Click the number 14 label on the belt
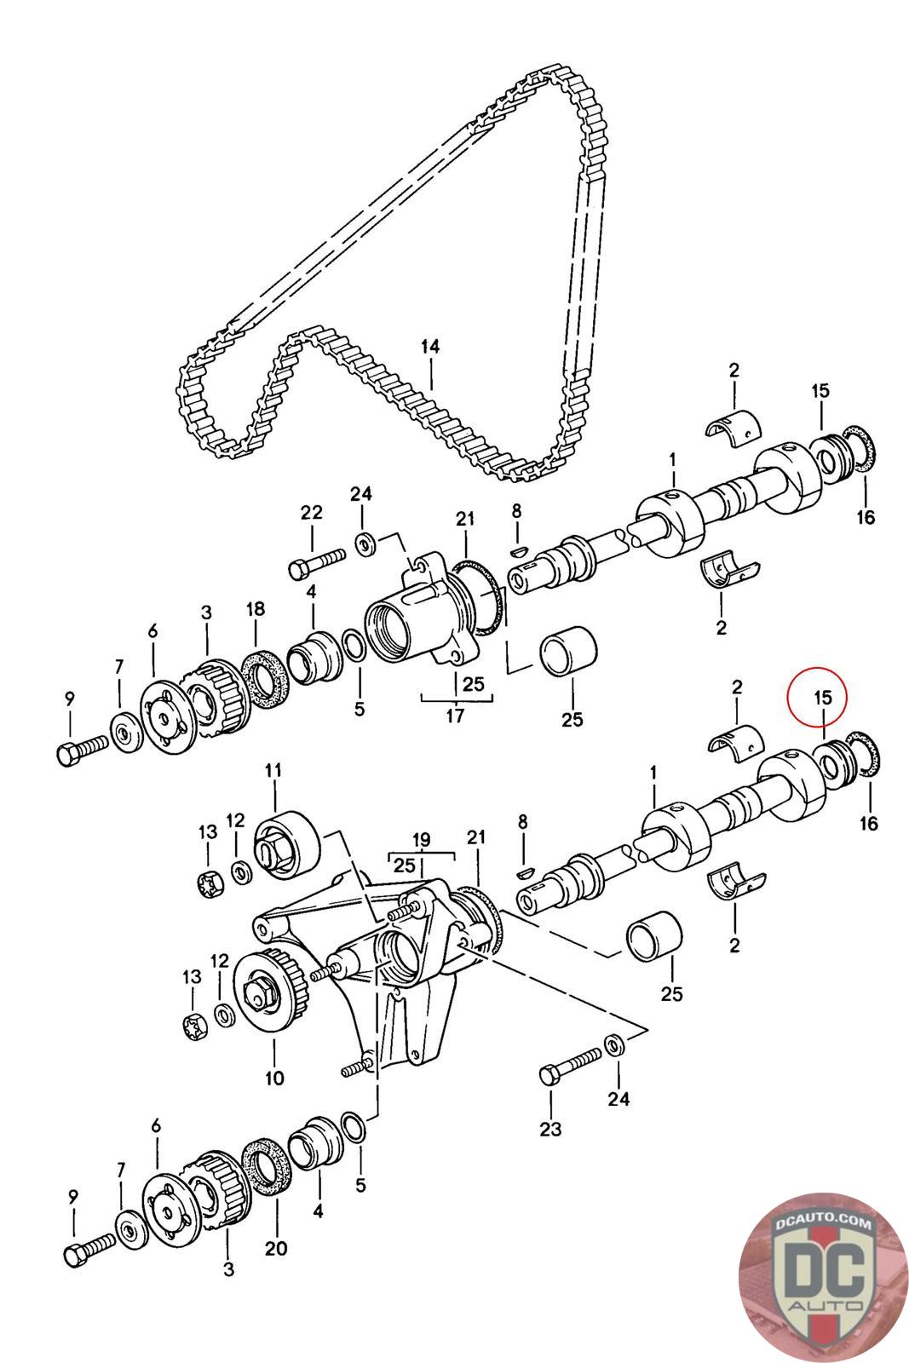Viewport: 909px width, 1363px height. [430, 347]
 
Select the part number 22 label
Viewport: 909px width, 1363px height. [312, 512]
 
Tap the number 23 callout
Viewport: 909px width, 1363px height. [551, 1130]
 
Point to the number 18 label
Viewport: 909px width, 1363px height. [255, 609]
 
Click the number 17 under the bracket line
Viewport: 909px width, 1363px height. [456, 715]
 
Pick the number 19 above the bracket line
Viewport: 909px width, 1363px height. [423, 838]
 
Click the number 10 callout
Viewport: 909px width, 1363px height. [273, 1078]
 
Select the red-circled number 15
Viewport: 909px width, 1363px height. [822, 697]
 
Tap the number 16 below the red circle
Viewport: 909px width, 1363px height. [870, 824]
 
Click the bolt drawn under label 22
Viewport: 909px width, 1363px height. [317, 561]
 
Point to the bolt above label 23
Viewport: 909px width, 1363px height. [570, 1065]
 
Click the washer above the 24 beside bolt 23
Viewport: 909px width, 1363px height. [613, 1044]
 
